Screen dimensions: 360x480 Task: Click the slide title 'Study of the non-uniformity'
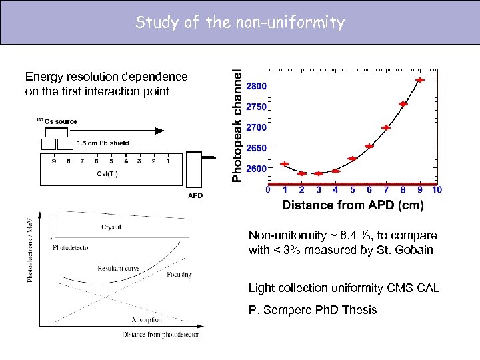point(240,23)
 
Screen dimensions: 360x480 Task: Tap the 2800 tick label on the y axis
point(257,86)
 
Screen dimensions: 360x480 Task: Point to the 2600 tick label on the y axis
point(257,169)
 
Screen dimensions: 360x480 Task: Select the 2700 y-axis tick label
point(257,127)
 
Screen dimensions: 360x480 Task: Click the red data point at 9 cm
point(420,80)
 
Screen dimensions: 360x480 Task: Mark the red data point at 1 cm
point(285,164)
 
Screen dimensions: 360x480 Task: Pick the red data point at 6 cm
point(369,146)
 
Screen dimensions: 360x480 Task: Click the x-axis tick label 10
point(437,190)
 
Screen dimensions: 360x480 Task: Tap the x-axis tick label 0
point(268,190)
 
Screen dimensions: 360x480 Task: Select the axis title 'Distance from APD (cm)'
point(353,205)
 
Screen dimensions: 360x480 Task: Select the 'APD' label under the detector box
point(195,195)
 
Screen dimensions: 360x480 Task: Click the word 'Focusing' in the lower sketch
point(179,275)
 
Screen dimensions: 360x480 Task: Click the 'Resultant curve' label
point(118,269)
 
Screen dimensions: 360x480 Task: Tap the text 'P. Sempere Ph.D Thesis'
point(312,310)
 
